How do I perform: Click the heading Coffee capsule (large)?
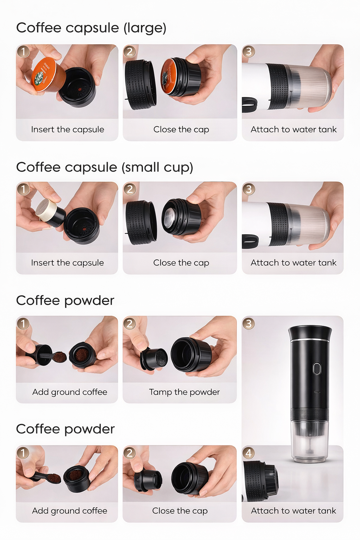pos(91,28)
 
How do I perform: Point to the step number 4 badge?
pos(249,453)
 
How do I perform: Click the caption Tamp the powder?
pos(184,392)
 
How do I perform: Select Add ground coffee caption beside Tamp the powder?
pos(70,392)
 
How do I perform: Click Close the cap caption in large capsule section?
pos(181,129)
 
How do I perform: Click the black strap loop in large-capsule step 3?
pos(249,104)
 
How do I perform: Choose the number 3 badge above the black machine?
pos(249,323)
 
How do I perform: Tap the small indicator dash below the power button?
pos(317,392)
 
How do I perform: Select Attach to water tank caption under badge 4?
pos(293,510)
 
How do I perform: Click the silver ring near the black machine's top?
pos(309,340)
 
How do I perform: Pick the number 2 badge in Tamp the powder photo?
pos(130,323)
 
